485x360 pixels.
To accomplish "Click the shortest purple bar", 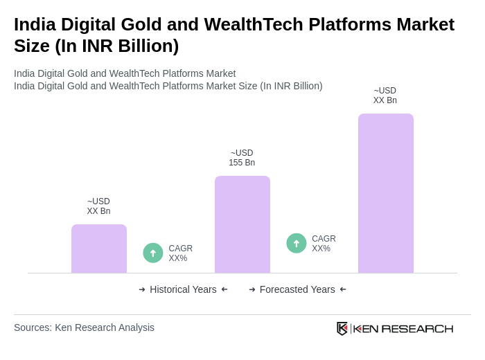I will tap(99, 249).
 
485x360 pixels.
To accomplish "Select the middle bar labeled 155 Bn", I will tap(242, 224).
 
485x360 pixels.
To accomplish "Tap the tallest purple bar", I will tap(385, 193).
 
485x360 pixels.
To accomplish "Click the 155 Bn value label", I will tap(242, 158).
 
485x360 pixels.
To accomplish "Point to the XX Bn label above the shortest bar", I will tap(98, 206).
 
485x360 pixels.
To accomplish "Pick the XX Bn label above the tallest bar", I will tap(385, 96).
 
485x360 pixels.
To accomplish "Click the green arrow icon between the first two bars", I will tap(153, 253).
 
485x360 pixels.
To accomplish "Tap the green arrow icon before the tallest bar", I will tap(297, 243).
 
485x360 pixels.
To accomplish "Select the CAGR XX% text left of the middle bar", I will tap(180, 253).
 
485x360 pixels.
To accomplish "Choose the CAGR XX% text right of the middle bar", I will tap(324, 244).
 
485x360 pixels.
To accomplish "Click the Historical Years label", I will tap(183, 289).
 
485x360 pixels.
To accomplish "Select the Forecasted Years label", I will tap(297, 289).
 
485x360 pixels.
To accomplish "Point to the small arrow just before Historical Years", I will tap(142, 289).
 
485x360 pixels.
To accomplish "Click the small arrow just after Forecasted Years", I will tap(343, 289).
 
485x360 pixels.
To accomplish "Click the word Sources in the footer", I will tap(33, 327).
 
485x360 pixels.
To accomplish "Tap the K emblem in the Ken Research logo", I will tap(342, 328).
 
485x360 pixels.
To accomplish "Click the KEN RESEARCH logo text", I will tap(403, 328).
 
